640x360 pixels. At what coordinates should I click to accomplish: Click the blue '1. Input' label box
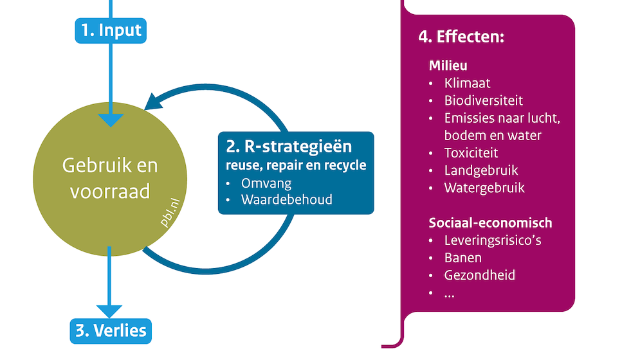click(111, 31)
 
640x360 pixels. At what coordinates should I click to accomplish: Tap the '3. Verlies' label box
click(111, 331)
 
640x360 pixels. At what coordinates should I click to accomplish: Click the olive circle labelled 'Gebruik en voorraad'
click(110, 179)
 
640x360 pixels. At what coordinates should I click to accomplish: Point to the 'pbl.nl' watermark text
click(170, 212)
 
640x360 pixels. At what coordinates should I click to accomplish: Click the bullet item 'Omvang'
click(266, 184)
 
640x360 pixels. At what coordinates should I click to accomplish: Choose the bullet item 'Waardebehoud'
click(286, 199)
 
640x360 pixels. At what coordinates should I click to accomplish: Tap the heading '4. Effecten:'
click(461, 37)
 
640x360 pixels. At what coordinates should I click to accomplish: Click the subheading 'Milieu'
click(448, 66)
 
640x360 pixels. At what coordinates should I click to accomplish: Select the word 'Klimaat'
click(467, 84)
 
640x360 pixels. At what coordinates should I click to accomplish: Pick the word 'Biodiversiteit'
click(483, 101)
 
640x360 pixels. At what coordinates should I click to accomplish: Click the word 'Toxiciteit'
click(471, 153)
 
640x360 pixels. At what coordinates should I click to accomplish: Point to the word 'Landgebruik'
click(481, 170)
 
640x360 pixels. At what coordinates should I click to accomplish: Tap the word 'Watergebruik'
click(484, 188)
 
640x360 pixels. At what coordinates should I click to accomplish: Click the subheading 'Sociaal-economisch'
click(490, 223)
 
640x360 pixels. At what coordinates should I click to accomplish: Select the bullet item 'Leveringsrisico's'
click(493, 241)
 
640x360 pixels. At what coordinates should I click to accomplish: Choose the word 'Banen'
click(463, 258)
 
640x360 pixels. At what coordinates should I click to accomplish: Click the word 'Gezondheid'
click(479, 276)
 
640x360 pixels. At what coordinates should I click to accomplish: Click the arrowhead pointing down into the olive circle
click(111, 120)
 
